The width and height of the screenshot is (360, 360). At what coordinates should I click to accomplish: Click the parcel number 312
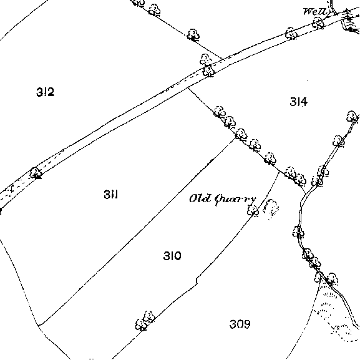[x=45, y=92]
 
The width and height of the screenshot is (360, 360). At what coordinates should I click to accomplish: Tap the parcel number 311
[x=111, y=194]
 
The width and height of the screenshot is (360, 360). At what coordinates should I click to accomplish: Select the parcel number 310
[x=172, y=256]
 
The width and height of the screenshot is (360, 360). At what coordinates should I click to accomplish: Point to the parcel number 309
[x=240, y=324]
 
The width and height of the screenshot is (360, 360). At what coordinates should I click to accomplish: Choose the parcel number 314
[x=298, y=102]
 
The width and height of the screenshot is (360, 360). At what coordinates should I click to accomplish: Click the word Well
[x=315, y=11]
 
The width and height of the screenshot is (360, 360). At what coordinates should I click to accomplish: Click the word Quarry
[x=235, y=200]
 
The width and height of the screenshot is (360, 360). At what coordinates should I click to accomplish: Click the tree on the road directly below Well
[x=318, y=24]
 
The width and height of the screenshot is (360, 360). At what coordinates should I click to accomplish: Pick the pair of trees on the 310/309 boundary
[x=145, y=321]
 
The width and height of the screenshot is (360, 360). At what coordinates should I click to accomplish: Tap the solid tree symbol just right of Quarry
[x=253, y=210]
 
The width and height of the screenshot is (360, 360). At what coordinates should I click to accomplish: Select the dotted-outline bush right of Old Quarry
[x=271, y=208]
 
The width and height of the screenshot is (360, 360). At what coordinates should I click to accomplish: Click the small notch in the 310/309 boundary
[x=197, y=281]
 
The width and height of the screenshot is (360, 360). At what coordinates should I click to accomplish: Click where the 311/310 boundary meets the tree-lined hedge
[x=236, y=138]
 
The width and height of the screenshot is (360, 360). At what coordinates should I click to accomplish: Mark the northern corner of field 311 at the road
[x=188, y=87]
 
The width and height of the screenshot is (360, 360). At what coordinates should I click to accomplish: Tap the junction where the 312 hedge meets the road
[x=222, y=59]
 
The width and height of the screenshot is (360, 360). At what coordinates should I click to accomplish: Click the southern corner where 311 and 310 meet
[x=39, y=325]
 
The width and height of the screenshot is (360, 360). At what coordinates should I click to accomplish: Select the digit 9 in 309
[x=247, y=324]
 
